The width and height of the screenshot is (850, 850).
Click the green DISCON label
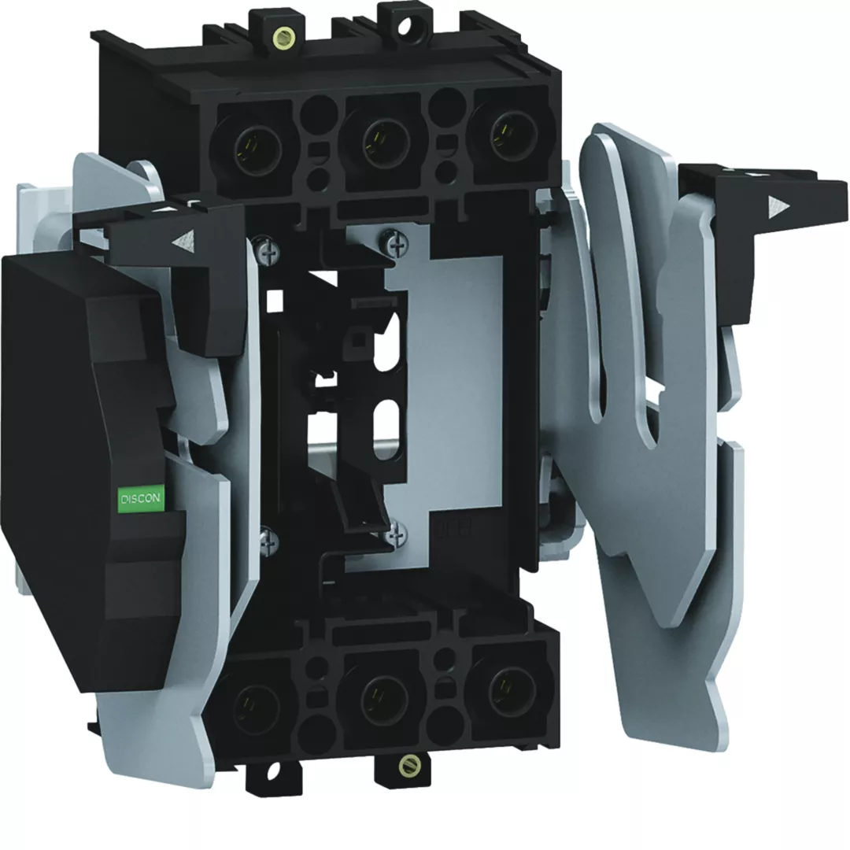[140, 497]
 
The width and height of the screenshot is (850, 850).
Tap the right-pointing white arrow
[777, 206]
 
